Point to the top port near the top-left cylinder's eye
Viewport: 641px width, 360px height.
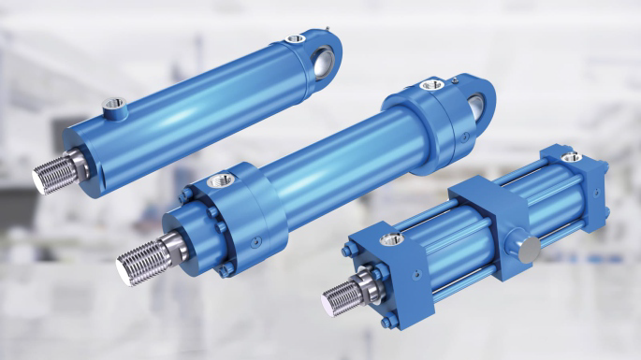click(295, 39)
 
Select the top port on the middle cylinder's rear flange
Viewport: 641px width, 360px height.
click(431, 86)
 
